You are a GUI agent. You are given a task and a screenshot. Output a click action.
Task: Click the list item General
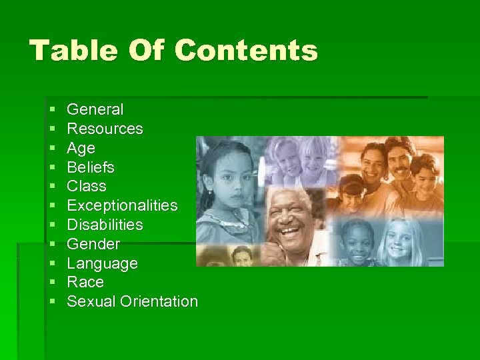[95, 109]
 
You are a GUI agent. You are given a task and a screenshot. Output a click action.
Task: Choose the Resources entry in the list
[105, 129]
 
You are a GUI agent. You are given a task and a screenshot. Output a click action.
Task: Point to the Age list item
[81, 148]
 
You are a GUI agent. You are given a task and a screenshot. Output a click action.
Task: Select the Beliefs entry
[91, 167]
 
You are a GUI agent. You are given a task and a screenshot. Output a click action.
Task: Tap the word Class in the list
[87, 186]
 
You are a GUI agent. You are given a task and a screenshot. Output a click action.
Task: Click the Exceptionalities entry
[123, 205]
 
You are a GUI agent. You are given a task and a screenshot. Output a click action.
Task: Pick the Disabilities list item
[105, 225]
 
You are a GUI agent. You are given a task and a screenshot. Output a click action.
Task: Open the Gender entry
[94, 244]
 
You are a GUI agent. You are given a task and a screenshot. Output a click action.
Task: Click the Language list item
[103, 263]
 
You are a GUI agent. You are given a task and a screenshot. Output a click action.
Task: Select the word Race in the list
[85, 282]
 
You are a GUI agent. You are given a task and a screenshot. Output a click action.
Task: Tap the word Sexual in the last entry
[92, 301]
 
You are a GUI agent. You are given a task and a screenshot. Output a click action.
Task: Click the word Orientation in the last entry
[159, 301]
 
